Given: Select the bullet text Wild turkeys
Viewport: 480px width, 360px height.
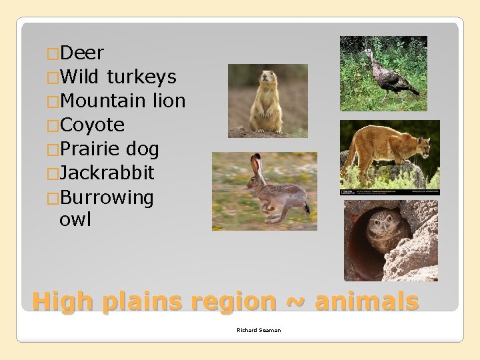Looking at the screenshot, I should click(118, 77).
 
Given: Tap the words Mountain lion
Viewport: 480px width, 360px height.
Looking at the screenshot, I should click(122, 101).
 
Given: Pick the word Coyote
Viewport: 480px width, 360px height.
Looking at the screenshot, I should click(92, 125).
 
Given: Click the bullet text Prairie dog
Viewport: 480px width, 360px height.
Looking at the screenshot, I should click(109, 149).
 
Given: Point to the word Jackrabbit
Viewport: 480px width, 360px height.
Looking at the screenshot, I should click(107, 173).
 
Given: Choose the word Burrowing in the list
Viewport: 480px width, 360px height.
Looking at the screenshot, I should click(106, 197).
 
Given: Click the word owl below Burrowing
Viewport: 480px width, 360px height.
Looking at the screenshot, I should click(75, 219).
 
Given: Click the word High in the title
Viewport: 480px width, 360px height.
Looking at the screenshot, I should click(63, 301).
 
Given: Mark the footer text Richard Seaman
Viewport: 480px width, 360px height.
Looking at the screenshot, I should click(259, 330).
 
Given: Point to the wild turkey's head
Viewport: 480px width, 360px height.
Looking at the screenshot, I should click(367, 53).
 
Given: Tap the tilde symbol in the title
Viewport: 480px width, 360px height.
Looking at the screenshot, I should click(295, 302).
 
